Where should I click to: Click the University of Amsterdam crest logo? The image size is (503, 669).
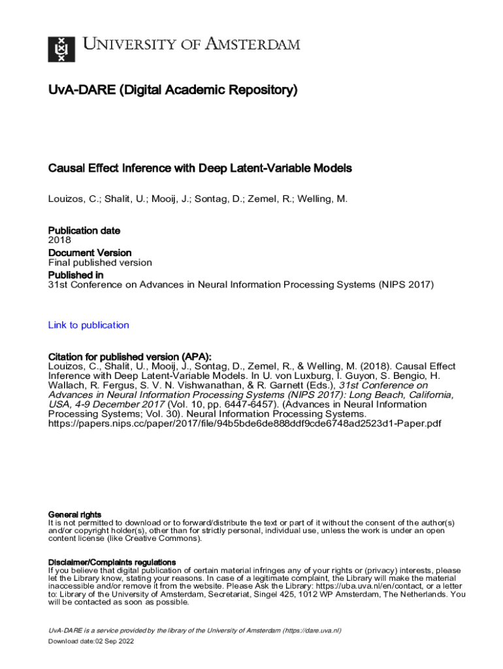[61, 49]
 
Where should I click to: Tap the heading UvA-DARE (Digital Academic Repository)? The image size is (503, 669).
[172, 90]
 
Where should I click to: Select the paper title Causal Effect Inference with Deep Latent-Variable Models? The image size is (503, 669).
[200, 168]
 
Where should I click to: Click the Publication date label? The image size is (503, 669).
[84, 231]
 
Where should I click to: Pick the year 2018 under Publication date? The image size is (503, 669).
[60, 240]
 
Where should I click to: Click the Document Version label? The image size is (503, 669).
[89, 252]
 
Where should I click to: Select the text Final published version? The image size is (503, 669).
[100, 263]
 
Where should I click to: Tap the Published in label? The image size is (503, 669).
[76, 275]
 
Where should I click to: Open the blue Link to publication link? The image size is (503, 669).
[89, 325]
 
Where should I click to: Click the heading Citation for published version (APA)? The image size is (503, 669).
[130, 357]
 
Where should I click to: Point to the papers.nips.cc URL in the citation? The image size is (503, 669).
[245, 423]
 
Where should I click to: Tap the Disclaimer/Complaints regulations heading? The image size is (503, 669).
[112, 562]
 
